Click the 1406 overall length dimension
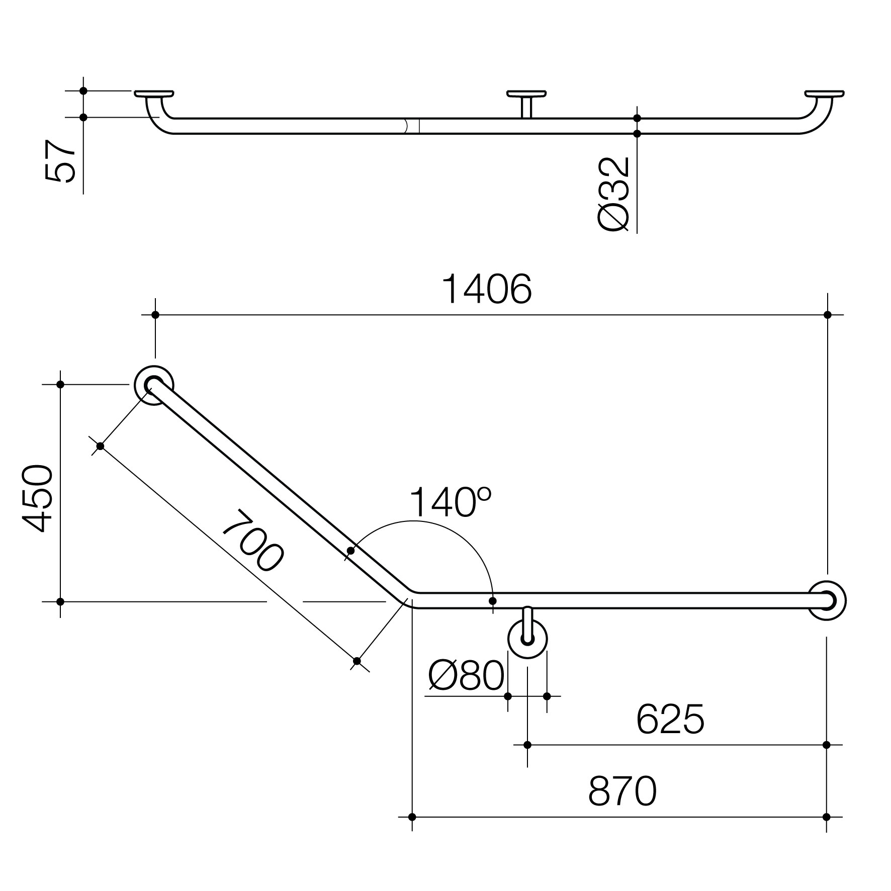coord(486,290)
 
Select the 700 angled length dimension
coord(253,541)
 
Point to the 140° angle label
coord(451,502)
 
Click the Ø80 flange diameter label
coord(466,675)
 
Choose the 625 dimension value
coord(670,720)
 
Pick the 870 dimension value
coord(622,791)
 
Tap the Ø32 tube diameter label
coord(614,194)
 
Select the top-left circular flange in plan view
coord(154,385)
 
